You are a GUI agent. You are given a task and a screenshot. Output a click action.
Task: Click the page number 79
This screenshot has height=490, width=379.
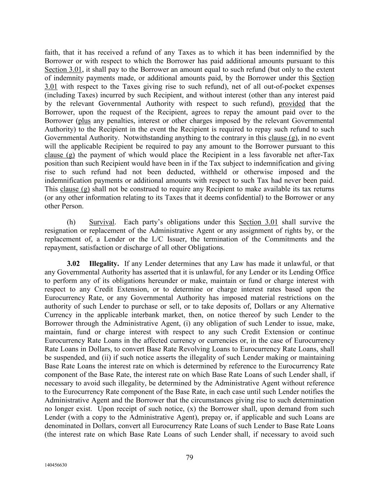[190, 457]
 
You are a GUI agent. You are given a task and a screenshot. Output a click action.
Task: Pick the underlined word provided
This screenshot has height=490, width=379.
[292, 104]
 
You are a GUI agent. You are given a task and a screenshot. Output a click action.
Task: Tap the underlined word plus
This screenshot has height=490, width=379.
[84, 121]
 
